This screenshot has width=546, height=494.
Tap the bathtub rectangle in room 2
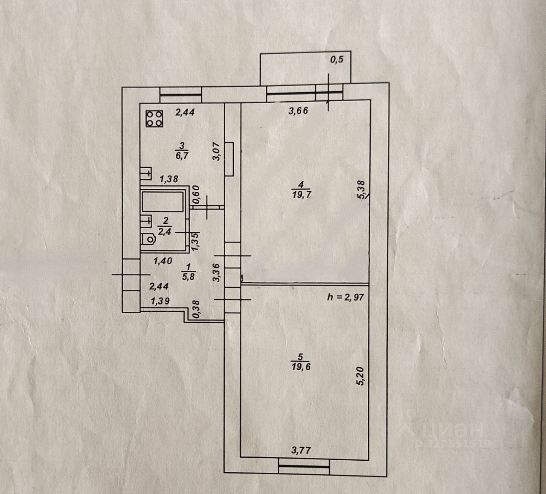(x=163, y=202)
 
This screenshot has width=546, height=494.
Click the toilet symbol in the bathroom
(x=149, y=240)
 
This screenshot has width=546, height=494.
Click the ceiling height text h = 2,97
(x=346, y=297)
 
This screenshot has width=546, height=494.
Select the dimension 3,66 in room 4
(x=299, y=111)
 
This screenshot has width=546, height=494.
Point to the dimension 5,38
(x=362, y=190)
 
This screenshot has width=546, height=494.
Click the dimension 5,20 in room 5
(x=360, y=374)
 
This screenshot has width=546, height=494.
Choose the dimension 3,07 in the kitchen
(x=216, y=151)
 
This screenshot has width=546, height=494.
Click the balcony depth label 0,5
(x=337, y=59)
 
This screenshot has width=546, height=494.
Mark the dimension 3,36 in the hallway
(x=216, y=272)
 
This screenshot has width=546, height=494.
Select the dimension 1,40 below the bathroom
(x=163, y=261)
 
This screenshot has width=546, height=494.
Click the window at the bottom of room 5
(x=303, y=466)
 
